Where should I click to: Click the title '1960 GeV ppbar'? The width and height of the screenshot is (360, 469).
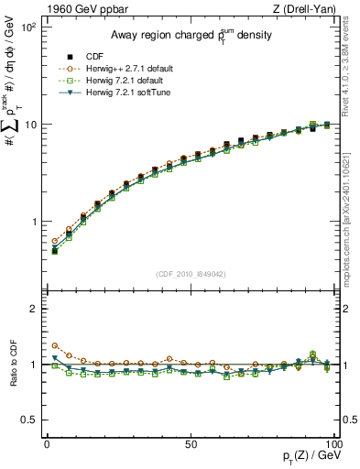[x=72, y=9]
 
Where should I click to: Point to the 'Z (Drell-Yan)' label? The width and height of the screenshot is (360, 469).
[x=306, y=9]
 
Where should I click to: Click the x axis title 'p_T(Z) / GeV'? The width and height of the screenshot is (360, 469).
[x=304, y=458]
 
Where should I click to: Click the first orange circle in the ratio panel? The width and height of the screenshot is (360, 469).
[x=54, y=345]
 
